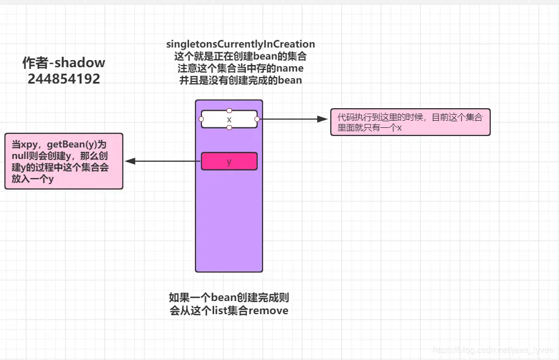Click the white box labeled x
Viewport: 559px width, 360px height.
(229, 119)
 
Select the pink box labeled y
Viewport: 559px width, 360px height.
(229, 161)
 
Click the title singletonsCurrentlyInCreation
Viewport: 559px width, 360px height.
(241, 44)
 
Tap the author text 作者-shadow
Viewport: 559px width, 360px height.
(64, 63)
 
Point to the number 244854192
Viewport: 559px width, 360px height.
(64, 79)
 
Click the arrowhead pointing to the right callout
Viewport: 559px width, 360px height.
(322, 119)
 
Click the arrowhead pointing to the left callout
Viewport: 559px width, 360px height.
(130, 161)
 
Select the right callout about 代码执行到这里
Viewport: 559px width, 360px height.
(410, 122)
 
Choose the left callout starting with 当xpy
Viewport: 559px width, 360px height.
(64, 162)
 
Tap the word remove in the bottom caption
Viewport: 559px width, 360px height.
(269, 311)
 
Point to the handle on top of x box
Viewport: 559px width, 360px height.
(229, 110)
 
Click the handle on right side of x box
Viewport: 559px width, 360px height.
(257, 119)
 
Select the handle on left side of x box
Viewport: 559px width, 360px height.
(201, 119)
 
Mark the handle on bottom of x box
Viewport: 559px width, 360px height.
(229, 128)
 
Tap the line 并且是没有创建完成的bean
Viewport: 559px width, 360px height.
(241, 80)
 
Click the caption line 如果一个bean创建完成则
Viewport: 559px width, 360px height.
(229, 298)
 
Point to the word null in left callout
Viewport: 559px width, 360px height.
(21, 157)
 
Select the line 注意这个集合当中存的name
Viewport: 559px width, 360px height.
(241, 68)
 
